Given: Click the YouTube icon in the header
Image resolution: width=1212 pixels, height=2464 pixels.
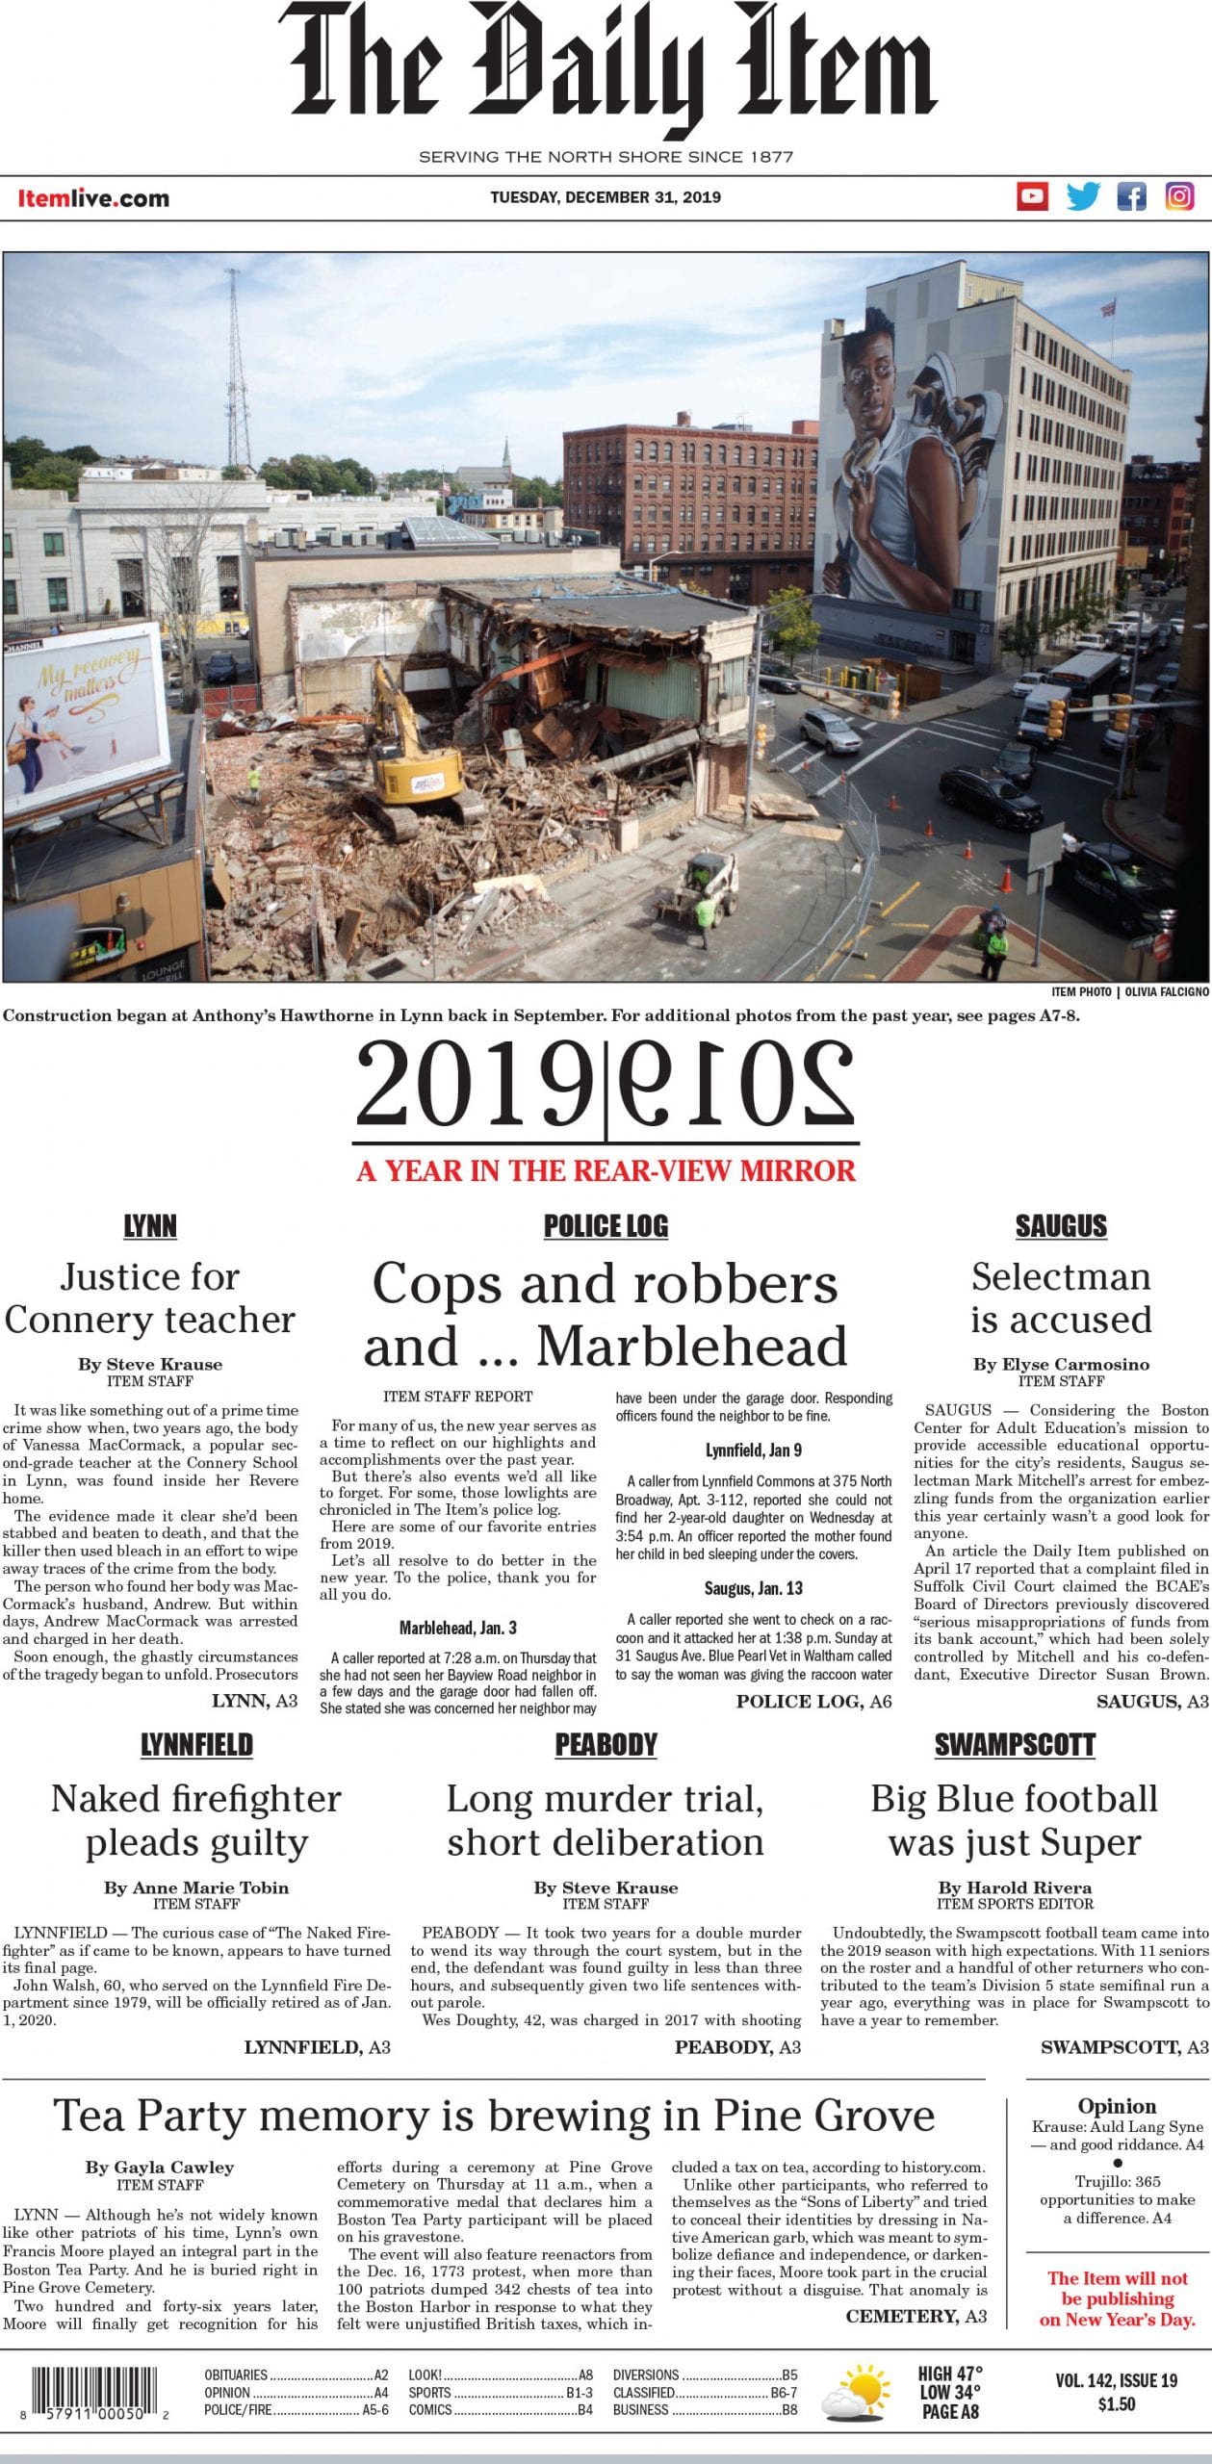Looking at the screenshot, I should click(1032, 197).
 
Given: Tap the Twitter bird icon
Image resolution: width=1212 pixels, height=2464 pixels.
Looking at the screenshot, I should click(1082, 197).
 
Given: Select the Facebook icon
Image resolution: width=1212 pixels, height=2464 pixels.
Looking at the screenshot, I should click(1131, 197).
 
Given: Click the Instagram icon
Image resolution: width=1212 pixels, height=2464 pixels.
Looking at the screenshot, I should click(1179, 197).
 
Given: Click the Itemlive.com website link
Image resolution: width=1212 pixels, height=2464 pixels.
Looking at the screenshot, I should click(93, 199).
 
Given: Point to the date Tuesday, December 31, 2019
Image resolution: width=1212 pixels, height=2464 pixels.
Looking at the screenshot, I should click(606, 197).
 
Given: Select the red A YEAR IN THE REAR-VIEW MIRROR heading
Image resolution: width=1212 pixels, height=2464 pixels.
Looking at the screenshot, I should click(606, 1171).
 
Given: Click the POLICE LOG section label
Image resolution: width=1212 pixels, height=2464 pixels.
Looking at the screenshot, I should click(606, 1226).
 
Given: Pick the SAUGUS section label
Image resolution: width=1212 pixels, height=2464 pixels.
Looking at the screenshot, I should click(1061, 1226).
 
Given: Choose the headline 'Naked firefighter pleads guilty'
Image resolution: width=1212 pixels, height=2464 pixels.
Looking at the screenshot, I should click(196, 1820).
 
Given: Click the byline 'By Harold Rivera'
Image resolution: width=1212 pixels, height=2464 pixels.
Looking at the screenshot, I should click(1015, 1887).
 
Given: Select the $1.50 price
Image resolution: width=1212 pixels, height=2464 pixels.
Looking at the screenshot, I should click(1117, 2404).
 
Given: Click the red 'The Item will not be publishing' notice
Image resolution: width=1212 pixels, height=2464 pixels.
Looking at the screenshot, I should click(1118, 2298).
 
